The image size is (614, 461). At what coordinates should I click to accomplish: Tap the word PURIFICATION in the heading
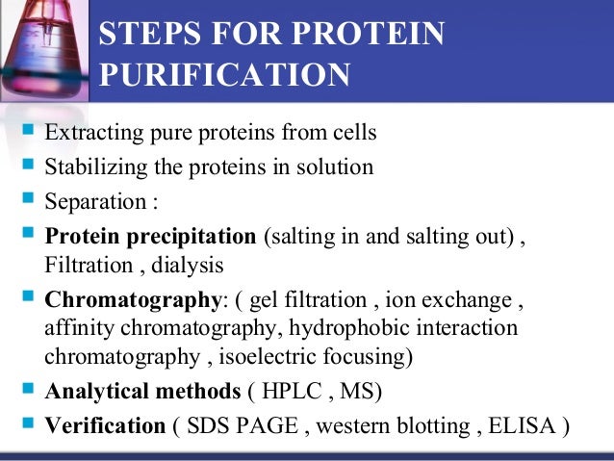[224, 74]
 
